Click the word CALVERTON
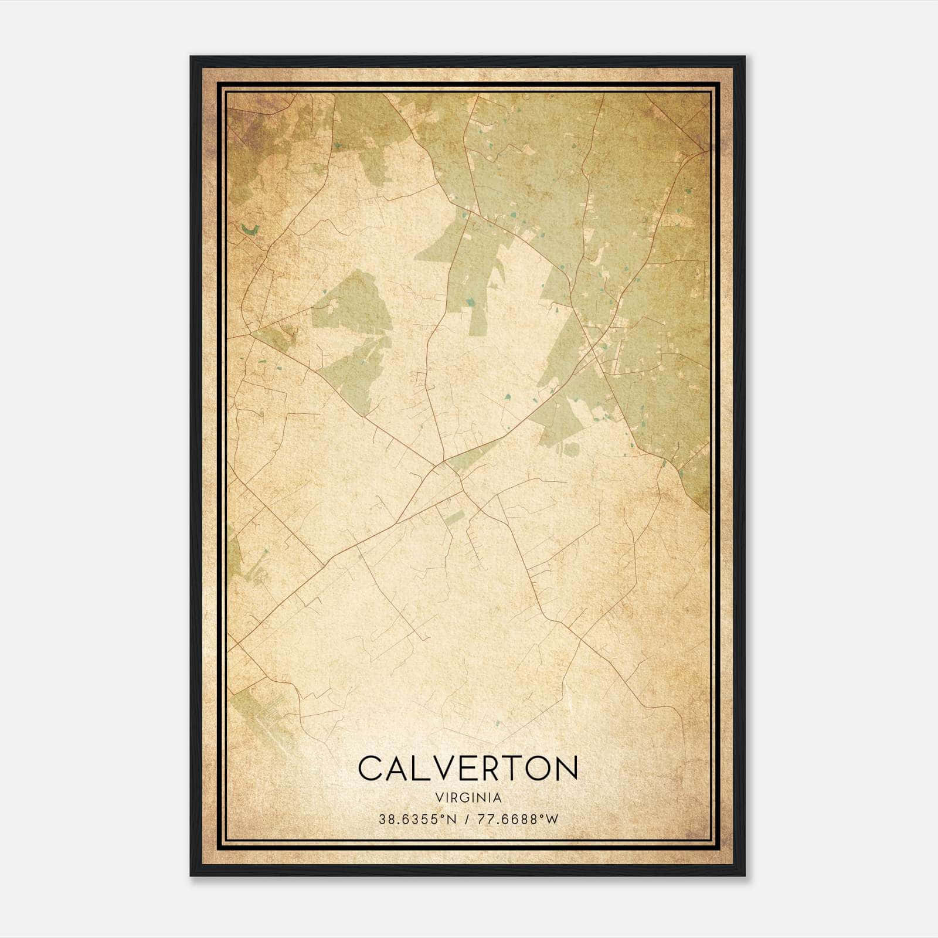pyautogui.click(x=468, y=769)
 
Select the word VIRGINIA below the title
pyautogui.click(x=468, y=798)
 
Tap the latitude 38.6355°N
pyautogui.click(x=417, y=819)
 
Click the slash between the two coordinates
pyautogui.click(x=466, y=819)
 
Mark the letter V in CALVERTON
pyautogui.click(x=441, y=769)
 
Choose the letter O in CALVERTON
pyautogui.click(x=538, y=769)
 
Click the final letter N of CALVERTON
pyautogui.click(x=565, y=769)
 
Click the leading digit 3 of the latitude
pyautogui.click(x=382, y=819)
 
